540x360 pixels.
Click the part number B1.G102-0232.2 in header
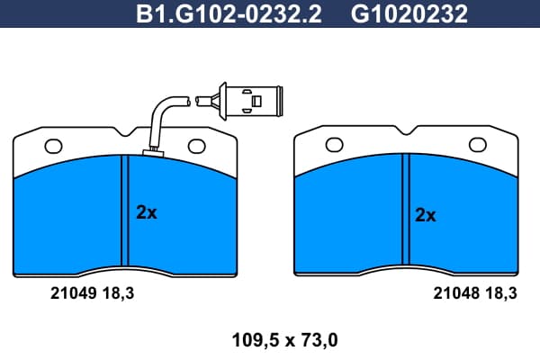pos(229,14)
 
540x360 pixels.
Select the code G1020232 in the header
pos(409,14)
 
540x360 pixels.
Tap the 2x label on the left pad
pos(147,212)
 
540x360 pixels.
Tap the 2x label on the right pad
pos(426,215)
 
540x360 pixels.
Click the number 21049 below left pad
pos(73,293)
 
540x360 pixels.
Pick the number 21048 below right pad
pos(456,293)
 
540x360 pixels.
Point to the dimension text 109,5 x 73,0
pos(284,340)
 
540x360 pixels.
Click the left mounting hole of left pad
pos(53,147)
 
